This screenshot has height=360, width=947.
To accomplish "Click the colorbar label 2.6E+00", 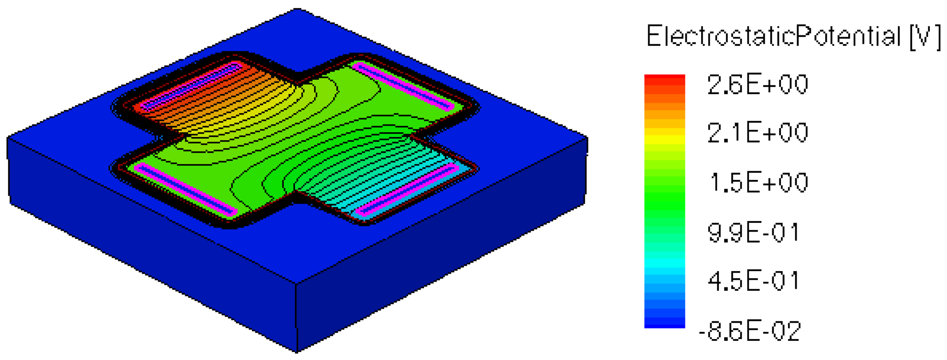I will pyautogui.click(x=757, y=85).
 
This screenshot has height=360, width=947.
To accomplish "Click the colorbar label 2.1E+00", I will pyautogui.click(x=757, y=133).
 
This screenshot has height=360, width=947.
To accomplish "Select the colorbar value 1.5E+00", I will pyautogui.click(x=758, y=183).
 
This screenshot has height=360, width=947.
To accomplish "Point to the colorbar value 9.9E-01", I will pyautogui.click(x=753, y=233).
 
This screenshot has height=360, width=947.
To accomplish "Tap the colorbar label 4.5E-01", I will pyautogui.click(x=753, y=281).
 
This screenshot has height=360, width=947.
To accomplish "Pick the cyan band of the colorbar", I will pyautogui.click(x=664, y=263).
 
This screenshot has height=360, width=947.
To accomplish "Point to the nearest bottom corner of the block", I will pyautogui.click(x=296, y=351).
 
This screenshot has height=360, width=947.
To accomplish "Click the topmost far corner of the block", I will pyautogui.click(x=298, y=10).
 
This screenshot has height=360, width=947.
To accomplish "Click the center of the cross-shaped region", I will pyautogui.click(x=296, y=136).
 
